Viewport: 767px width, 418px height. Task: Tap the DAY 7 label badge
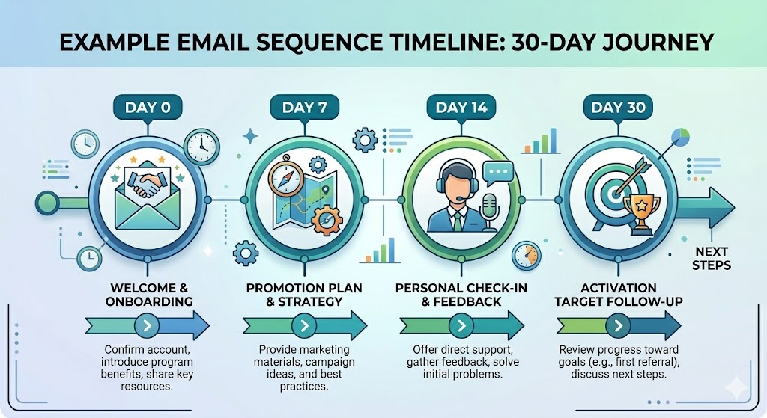click(305, 107)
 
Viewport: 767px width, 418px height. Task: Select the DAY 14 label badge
click(461, 107)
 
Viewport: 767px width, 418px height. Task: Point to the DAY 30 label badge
click(617, 107)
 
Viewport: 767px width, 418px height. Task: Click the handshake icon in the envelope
click(148, 185)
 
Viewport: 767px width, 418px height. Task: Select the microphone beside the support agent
click(491, 209)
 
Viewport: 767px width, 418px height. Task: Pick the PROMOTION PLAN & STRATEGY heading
click(304, 295)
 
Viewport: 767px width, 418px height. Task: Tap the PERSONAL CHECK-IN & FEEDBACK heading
click(461, 295)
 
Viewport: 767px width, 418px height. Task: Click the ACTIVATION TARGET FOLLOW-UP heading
click(618, 295)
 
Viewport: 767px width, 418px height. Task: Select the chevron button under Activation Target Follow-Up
click(616, 325)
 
